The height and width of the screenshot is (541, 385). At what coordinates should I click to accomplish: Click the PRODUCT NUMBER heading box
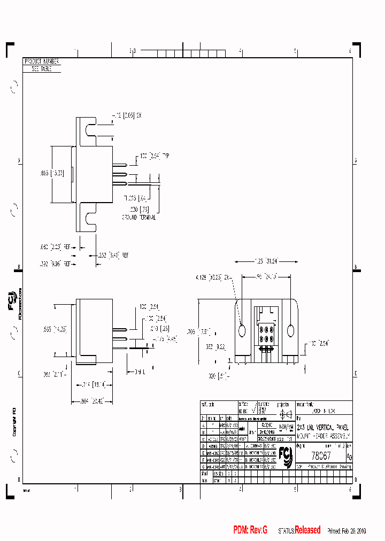coord(42,62)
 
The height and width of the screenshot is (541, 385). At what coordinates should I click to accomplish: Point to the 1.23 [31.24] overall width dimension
coord(266,261)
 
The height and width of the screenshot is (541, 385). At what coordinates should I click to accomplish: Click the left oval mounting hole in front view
coord(241,330)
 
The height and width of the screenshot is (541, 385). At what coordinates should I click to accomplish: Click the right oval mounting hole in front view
coord(290,330)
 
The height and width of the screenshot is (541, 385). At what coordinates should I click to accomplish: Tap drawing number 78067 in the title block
coord(321,455)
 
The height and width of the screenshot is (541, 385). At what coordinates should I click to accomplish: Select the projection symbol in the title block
coord(285,414)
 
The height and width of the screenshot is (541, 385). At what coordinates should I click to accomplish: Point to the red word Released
coord(307,530)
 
